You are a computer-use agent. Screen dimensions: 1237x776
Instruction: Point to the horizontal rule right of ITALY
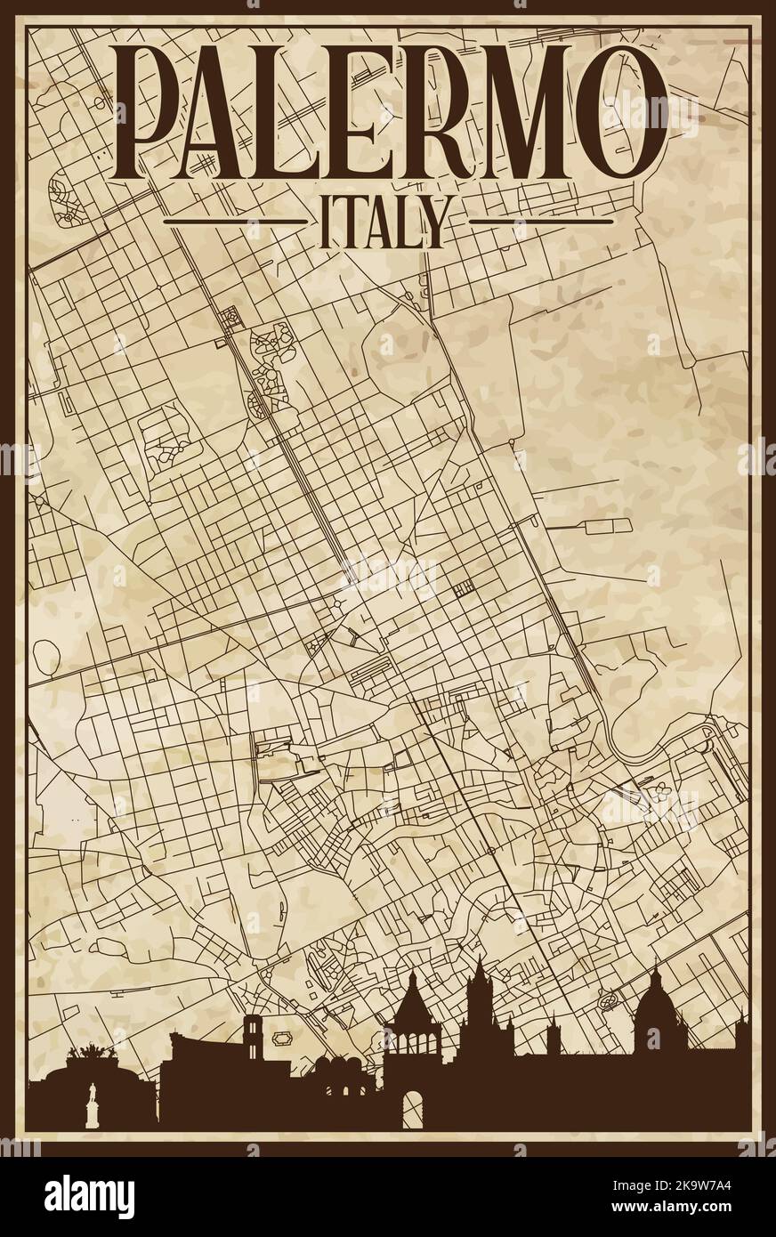[543, 221]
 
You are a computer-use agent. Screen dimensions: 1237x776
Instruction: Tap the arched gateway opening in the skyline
[412, 1111]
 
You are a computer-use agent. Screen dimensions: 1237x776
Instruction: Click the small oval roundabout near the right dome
[610, 1000]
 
